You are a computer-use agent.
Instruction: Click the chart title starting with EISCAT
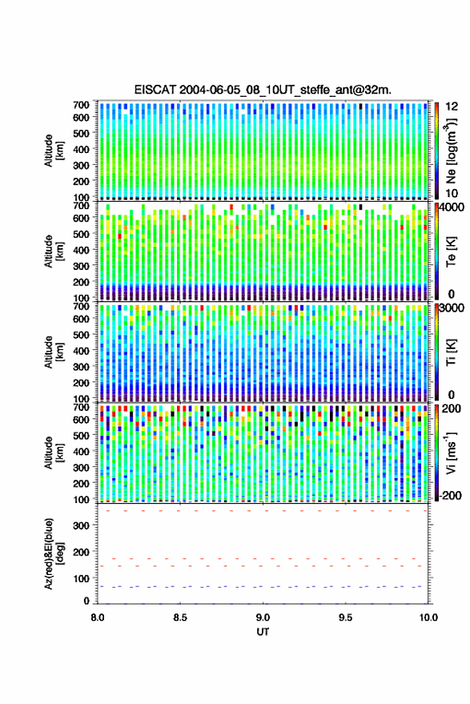(x=263, y=90)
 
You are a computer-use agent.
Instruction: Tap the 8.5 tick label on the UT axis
(x=180, y=618)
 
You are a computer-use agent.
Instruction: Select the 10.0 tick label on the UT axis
(x=428, y=618)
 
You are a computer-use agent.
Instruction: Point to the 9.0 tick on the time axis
(x=263, y=618)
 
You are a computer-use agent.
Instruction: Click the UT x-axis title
(x=263, y=632)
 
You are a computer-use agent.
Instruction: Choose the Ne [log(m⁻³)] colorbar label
(x=451, y=151)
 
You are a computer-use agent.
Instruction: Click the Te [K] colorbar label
(x=451, y=251)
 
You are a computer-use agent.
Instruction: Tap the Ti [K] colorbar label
(x=451, y=352)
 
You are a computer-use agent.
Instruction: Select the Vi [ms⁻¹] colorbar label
(x=451, y=453)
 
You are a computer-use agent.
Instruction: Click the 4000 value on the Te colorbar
(x=452, y=209)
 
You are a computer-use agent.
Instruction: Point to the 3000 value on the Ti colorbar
(x=452, y=308)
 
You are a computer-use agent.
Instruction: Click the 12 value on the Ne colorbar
(x=452, y=107)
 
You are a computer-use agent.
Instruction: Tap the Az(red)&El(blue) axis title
(x=54, y=553)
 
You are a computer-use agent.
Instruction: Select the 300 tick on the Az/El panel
(x=81, y=525)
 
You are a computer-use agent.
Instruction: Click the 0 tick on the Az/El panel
(x=86, y=601)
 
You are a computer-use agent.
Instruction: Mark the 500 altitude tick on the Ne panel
(x=81, y=133)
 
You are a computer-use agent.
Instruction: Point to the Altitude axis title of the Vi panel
(x=54, y=453)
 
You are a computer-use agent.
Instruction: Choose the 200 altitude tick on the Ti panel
(x=81, y=383)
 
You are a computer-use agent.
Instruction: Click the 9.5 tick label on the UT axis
(x=346, y=618)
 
